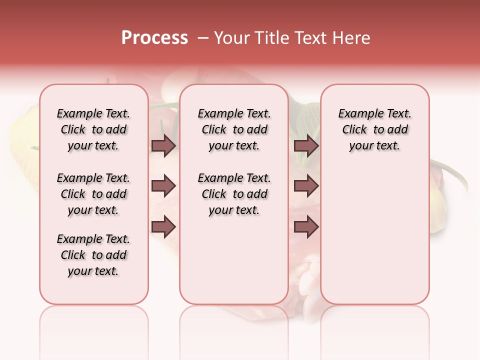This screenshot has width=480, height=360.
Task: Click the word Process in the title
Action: pos(154,38)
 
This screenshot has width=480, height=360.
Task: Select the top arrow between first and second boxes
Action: pos(163,146)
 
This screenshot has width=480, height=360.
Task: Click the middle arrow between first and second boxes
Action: pos(163,186)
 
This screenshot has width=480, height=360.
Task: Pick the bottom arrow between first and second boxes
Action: pos(163,227)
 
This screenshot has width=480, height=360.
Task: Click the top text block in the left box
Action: pos(93,129)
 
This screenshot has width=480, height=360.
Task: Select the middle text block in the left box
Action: pos(93,194)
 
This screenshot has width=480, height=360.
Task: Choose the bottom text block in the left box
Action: pos(93,255)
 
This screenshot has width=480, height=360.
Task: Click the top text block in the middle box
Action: pos(234,129)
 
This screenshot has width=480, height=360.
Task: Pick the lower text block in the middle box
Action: pos(234,194)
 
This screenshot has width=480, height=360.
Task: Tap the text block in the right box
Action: pos(374,129)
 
